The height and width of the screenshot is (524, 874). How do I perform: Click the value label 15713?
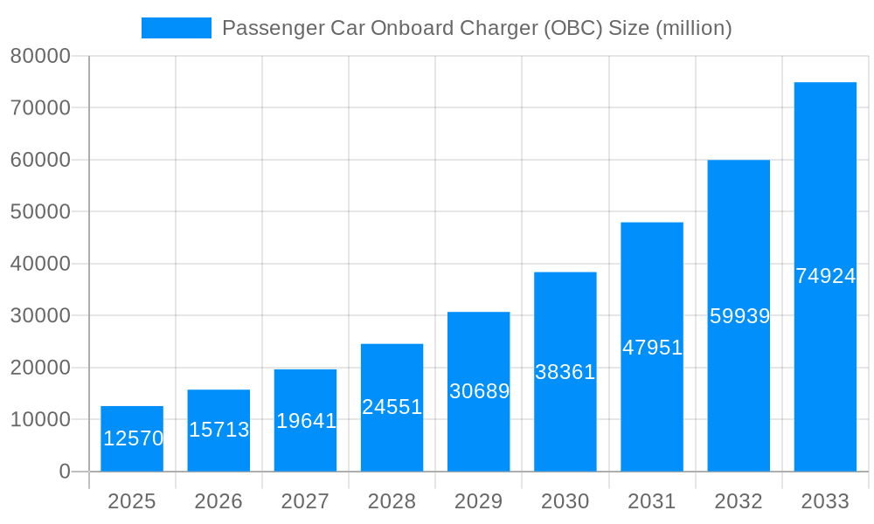pos(219,430)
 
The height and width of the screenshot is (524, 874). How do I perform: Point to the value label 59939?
pos(739,316)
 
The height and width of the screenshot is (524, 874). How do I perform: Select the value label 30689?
pos(479,391)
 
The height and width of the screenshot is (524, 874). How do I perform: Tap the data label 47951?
pos(652,348)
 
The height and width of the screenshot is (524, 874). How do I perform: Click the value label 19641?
pos(306,421)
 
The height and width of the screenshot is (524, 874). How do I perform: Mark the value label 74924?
pos(825,276)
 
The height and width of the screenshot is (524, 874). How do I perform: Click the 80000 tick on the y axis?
pos(40,56)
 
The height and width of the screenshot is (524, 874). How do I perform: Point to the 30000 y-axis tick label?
pos(40,315)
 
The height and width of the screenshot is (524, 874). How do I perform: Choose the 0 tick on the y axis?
pos(65,472)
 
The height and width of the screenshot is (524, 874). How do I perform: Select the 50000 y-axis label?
pos(40,211)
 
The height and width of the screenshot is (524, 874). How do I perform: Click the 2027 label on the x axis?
pos(305,501)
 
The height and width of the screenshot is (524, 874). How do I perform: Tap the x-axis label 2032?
pos(739,501)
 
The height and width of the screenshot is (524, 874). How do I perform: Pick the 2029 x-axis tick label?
pos(479,501)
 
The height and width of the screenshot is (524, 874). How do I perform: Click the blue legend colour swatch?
pos(177,28)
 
